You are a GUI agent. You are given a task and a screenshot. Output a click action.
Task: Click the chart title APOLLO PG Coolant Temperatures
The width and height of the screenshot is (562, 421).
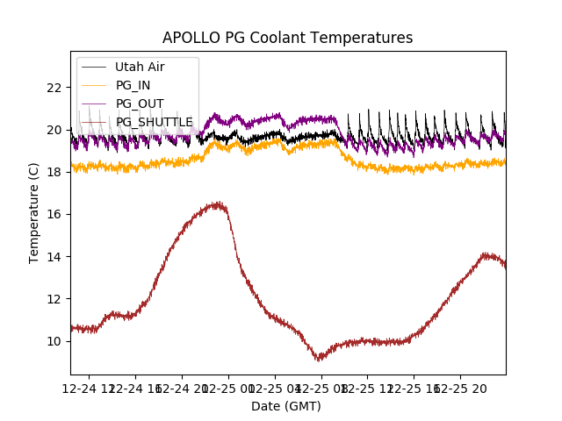[x=287, y=38]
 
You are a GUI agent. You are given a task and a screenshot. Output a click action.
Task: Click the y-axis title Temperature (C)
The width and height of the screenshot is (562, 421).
[x=34, y=212]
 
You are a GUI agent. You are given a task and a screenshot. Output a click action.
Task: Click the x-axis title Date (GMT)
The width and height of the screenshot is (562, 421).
[x=286, y=406]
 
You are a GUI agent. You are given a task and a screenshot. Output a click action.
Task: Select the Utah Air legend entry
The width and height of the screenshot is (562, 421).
[x=140, y=67]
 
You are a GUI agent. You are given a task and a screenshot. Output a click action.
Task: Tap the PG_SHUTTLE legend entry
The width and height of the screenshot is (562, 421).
[x=154, y=122]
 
